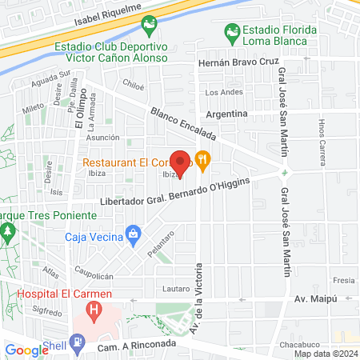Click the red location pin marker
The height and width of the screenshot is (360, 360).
[x=181, y=163]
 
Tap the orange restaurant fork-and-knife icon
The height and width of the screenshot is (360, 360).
[x=203, y=160]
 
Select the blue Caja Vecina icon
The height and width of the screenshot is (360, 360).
[x=134, y=235]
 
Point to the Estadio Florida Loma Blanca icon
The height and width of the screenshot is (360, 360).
[x=232, y=34]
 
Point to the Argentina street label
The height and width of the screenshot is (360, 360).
[x=226, y=114]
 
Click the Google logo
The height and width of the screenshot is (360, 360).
[x=26, y=350]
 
